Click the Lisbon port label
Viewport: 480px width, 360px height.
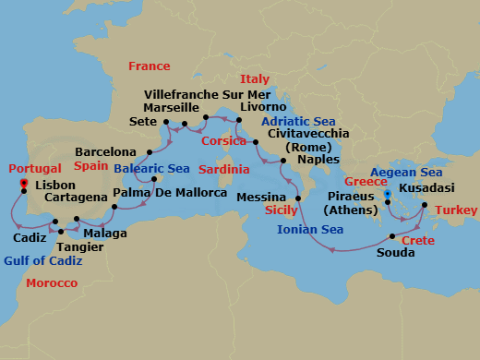click(54, 185)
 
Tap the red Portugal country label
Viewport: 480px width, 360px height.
click(35, 169)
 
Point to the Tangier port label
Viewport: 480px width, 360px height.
click(75, 246)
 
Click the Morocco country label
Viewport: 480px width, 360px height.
click(52, 282)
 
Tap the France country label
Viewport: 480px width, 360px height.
click(150, 66)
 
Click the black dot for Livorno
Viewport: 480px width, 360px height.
click(238, 120)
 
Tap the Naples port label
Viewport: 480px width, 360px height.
click(318, 159)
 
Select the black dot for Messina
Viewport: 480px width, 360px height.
click(298, 198)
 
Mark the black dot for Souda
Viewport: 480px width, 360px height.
click(392, 236)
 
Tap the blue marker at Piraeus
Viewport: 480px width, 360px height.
click(389, 195)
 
